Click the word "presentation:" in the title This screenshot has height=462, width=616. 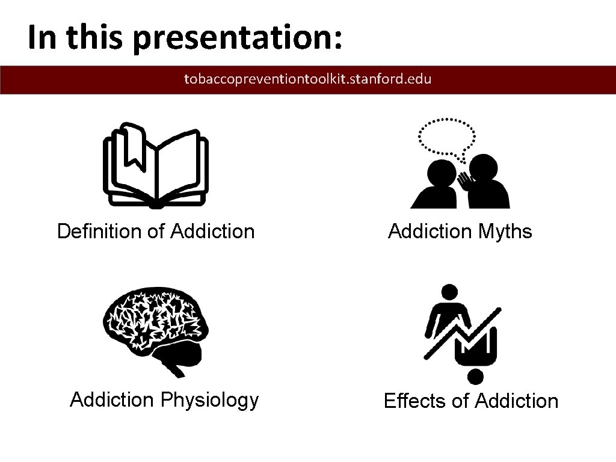(x=238, y=38)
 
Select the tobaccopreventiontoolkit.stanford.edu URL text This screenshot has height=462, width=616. (x=307, y=79)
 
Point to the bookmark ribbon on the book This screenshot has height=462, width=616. (x=133, y=148)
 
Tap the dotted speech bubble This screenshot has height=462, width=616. (x=446, y=137)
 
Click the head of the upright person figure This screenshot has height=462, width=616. (x=448, y=292)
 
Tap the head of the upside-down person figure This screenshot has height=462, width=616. (x=475, y=377)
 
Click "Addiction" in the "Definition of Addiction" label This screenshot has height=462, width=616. (x=213, y=231)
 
